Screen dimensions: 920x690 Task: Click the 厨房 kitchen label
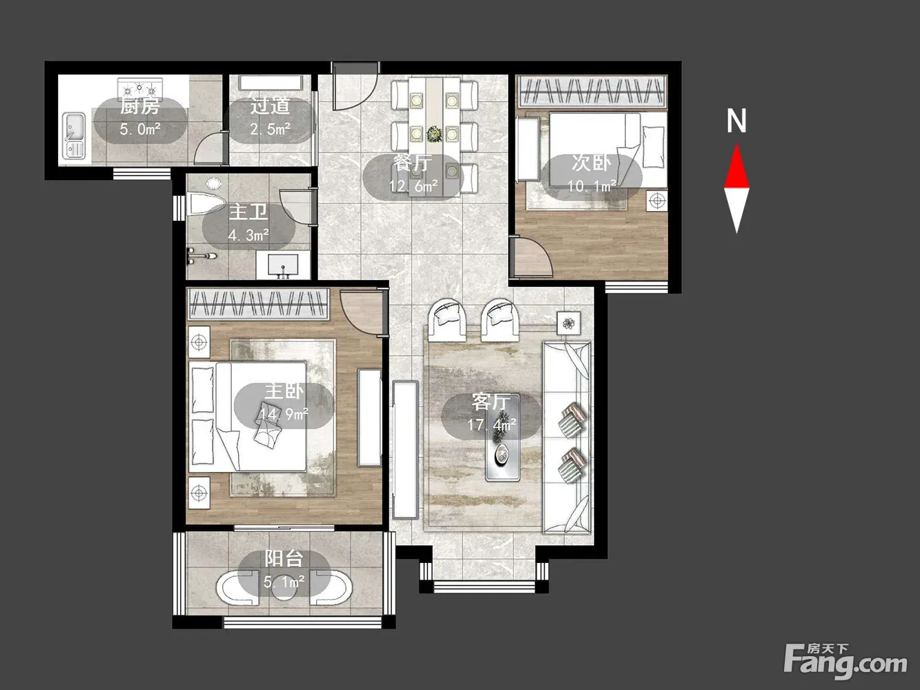(x=140, y=106)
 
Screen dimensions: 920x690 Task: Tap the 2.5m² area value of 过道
(x=271, y=128)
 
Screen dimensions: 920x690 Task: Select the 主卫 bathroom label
(x=248, y=213)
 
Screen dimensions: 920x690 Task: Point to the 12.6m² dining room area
(x=413, y=186)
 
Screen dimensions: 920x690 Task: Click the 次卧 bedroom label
(x=591, y=163)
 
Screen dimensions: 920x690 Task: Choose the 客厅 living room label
(x=491, y=402)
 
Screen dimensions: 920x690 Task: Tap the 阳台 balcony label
(x=284, y=558)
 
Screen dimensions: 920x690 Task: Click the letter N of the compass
(x=736, y=121)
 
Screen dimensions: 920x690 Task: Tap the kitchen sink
(x=74, y=136)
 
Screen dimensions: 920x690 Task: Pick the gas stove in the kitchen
(x=140, y=88)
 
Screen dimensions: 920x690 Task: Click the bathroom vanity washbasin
(x=283, y=265)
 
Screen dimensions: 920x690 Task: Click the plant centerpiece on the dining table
(x=434, y=134)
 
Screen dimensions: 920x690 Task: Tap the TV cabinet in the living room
(x=405, y=449)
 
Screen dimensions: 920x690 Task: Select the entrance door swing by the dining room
(x=355, y=86)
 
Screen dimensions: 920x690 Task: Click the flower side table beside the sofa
(x=568, y=323)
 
